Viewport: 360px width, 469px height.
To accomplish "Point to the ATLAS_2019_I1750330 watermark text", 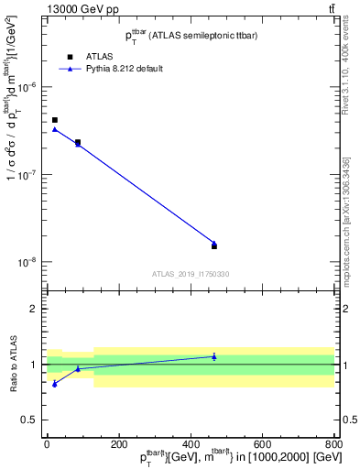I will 191,274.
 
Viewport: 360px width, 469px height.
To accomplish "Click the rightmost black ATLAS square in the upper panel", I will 214,246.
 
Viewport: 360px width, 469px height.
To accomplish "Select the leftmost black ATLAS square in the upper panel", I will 55,120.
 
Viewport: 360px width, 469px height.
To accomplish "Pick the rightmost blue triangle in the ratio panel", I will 214,356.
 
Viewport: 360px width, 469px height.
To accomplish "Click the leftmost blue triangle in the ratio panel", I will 55,384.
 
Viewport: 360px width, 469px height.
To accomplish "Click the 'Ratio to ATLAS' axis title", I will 12,365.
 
